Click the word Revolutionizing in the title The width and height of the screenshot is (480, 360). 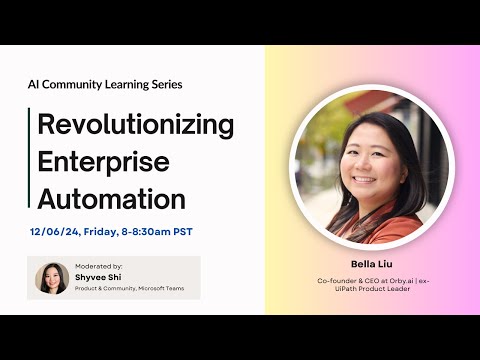136,125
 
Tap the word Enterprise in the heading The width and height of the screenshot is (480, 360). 102,160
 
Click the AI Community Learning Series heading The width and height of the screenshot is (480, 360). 105,85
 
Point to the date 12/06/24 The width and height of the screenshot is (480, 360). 53,232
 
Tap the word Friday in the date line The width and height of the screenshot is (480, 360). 102,232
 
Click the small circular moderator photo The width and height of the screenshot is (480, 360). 52,278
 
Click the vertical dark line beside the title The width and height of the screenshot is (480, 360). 29,158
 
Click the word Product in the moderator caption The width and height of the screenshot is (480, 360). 88,290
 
